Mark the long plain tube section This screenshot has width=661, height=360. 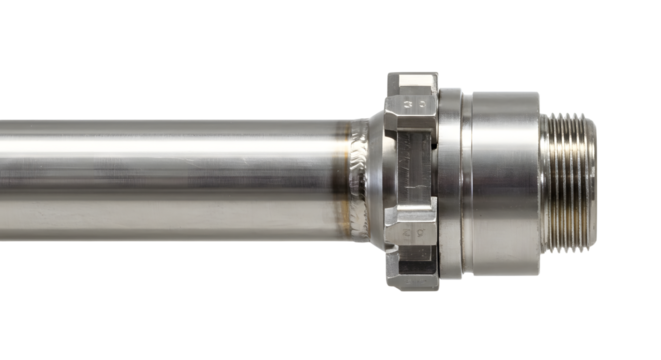coord(170,180)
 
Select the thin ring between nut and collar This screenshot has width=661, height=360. coord(452,180)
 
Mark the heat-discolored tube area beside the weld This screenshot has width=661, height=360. coord(335,180)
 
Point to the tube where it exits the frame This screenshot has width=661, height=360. coord(5,180)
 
